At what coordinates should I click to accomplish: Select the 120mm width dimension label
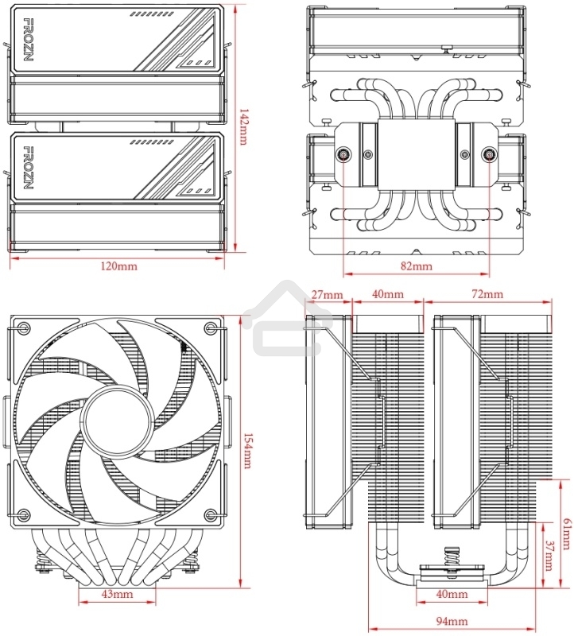(x=118, y=266)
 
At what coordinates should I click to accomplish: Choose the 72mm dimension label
(x=487, y=295)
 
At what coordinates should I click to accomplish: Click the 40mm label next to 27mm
(x=387, y=295)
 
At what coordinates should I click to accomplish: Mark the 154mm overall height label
(x=246, y=450)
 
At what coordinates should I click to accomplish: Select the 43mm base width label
(x=117, y=595)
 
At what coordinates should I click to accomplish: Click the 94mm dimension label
(x=452, y=622)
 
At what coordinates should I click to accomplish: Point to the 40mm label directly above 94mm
(x=452, y=595)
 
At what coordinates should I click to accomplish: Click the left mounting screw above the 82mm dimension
(x=343, y=155)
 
